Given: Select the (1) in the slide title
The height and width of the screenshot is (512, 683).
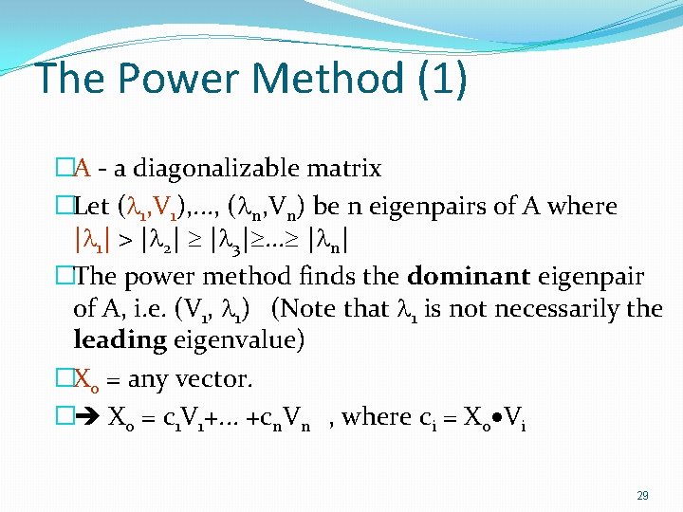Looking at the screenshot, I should [442, 79].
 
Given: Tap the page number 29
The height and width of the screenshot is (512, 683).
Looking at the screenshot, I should [643, 496].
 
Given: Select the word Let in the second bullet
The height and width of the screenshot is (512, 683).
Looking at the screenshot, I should [91, 206].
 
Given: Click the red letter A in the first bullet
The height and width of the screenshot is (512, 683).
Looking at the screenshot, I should [83, 169].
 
